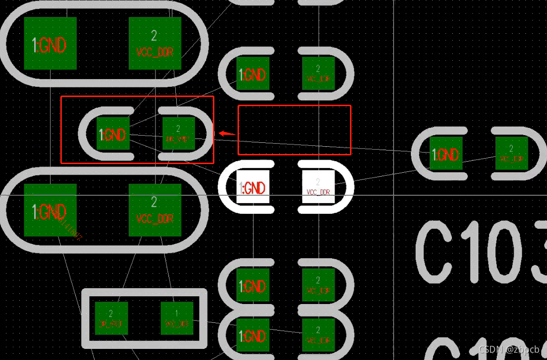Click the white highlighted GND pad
252,187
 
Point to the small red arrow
226,133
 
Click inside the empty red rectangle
294,130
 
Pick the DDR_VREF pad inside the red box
179,133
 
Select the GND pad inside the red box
113,133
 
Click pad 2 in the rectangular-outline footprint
111,318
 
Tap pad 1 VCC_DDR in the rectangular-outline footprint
177,318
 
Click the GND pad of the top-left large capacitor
50,43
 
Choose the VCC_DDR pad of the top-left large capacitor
154,43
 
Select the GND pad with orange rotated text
50,210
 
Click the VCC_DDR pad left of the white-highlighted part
154,210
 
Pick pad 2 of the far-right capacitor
511,153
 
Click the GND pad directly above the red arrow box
252,73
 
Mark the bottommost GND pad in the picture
252,335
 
